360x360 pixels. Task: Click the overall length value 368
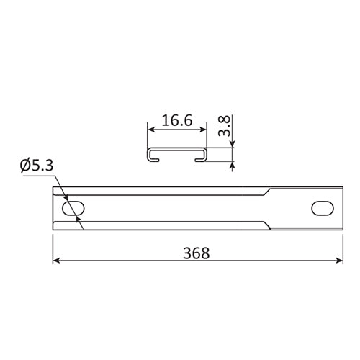point(196,253)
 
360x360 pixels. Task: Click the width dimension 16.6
point(176,121)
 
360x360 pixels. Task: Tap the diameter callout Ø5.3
point(37,166)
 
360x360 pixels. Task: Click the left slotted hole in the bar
point(71,208)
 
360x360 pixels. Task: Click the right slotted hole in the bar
point(321,208)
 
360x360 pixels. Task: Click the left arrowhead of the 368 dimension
point(56,263)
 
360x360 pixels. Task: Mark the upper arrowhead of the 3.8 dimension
point(232,146)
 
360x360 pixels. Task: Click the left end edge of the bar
point(53,208)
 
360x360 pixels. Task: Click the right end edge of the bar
point(339,208)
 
